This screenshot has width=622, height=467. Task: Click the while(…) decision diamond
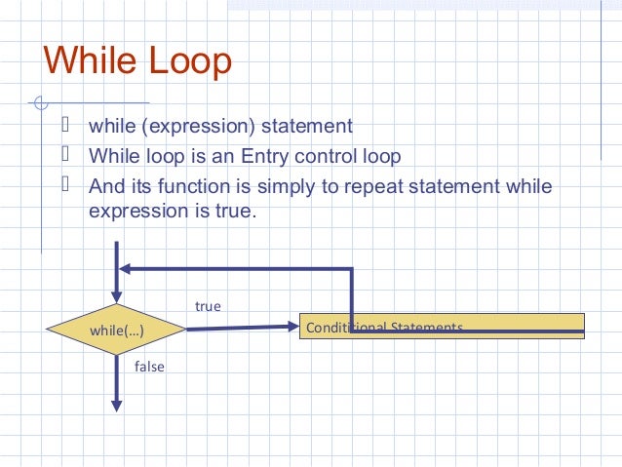tap(116, 331)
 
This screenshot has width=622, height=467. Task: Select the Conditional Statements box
tap(441, 326)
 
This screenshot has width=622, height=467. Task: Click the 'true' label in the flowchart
tap(208, 306)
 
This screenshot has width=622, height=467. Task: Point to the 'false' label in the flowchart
tap(149, 367)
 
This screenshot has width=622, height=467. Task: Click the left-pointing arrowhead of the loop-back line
tap(127, 270)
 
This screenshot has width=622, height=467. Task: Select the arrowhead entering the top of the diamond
tap(116, 294)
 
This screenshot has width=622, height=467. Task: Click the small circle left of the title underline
tap(39, 102)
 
